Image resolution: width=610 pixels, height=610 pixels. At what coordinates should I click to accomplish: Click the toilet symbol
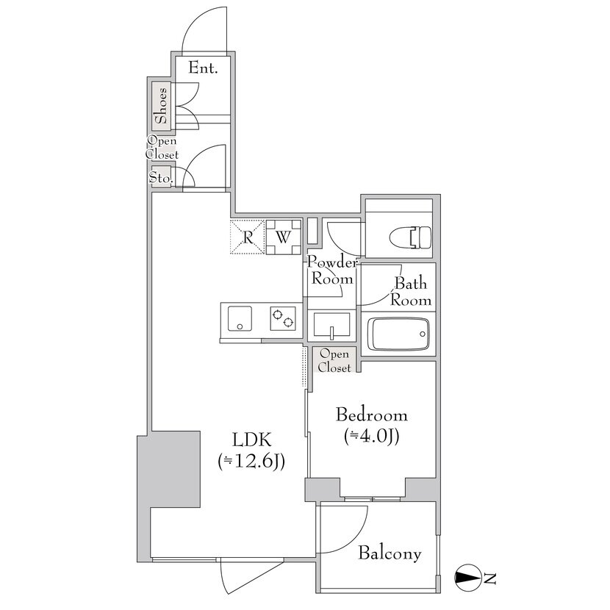(x=410, y=237)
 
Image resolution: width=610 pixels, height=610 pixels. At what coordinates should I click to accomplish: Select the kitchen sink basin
(x=240, y=319)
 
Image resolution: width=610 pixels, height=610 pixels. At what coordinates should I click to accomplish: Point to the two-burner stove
(x=283, y=319)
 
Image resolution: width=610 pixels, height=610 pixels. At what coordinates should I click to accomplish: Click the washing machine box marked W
(x=283, y=237)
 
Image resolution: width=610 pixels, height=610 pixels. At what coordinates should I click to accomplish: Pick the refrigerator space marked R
(x=248, y=237)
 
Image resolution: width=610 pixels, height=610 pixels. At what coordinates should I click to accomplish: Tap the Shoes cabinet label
(x=161, y=106)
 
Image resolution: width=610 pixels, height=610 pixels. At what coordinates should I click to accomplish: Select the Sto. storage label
(x=161, y=178)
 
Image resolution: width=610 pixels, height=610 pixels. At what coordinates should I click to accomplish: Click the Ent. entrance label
(x=203, y=68)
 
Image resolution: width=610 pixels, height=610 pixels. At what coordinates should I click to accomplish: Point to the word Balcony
(x=390, y=553)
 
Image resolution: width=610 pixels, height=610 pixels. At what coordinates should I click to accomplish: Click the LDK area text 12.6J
(x=251, y=462)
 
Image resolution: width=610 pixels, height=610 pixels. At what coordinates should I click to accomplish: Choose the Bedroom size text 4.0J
(x=372, y=437)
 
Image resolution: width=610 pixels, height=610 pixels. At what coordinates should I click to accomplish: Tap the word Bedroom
(x=372, y=415)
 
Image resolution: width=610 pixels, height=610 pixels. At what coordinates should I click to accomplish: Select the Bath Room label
(x=412, y=292)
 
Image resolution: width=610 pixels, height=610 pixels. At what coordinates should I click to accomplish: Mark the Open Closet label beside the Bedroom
(x=334, y=361)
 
